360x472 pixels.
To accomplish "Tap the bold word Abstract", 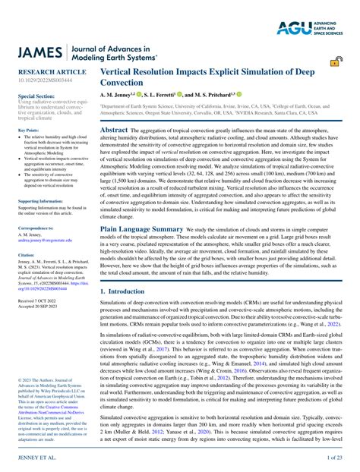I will tap(114, 130).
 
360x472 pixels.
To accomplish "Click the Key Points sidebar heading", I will tap(29, 131).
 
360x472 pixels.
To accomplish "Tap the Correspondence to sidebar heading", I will tap(37, 228).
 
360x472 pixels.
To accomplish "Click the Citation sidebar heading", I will tap(27, 255).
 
